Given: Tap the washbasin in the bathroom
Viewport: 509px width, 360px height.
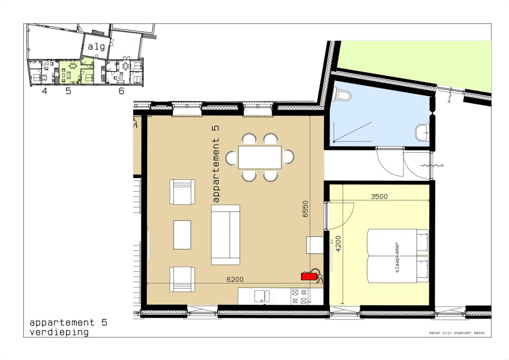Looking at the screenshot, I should click(x=422, y=132).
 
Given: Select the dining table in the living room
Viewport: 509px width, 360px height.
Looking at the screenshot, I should click(x=260, y=157).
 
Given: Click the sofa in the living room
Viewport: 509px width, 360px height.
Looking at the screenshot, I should click(x=225, y=235).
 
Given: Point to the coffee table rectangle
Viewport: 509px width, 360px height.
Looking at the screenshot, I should click(x=182, y=235).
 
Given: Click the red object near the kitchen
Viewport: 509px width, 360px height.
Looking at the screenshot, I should click(x=309, y=276).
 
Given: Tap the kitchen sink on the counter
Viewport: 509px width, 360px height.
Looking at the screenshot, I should click(x=262, y=297).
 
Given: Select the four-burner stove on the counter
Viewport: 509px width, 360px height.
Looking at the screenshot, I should click(x=299, y=296).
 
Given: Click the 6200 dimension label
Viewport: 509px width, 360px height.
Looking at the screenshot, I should click(x=235, y=279).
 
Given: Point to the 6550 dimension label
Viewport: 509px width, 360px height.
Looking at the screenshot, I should click(x=305, y=209).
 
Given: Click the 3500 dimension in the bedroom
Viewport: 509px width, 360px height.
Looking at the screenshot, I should click(x=379, y=196).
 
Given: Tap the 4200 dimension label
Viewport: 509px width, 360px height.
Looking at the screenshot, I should click(x=338, y=244).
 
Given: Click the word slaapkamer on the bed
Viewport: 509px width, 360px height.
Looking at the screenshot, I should click(x=397, y=257).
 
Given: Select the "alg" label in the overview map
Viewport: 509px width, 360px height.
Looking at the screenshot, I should click(x=96, y=47).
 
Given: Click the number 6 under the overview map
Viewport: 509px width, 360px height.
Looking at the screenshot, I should click(x=121, y=91).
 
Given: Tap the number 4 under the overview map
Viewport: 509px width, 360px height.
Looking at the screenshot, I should click(x=44, y=91).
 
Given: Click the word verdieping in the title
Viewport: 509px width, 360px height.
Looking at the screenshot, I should click(x=59, y=332).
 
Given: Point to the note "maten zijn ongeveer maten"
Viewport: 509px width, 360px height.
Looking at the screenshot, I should click(x=457, y=333).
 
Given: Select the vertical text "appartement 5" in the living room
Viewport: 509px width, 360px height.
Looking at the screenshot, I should click(x=216, y=164).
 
